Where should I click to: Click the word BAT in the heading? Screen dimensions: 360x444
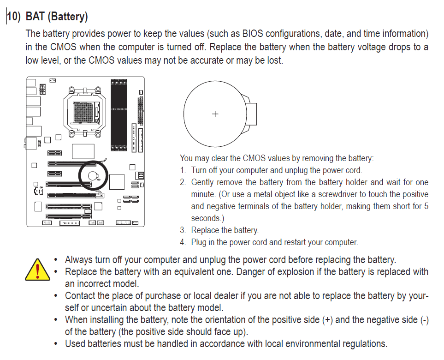tap(36, 17)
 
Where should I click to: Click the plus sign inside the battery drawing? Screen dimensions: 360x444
tap(215, 114)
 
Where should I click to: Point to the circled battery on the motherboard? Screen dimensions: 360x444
tap(93, 175)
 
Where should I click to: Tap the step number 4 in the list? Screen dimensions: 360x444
tap(183, 242)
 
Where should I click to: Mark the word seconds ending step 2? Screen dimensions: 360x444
tap(206, 218)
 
